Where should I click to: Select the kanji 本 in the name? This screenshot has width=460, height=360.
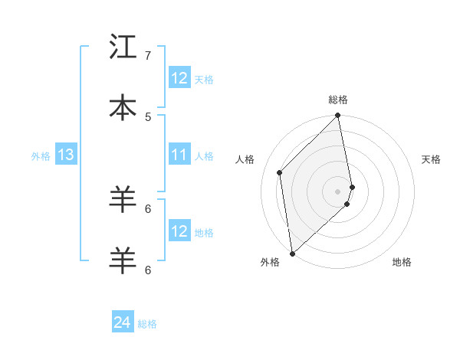tap(123, 108)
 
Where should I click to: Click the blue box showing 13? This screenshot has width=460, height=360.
tap(66, 155)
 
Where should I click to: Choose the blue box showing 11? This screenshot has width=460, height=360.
tap(179, 155)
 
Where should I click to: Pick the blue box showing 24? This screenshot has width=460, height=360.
tap(123, 323)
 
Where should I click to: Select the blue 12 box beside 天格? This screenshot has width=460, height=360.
tap(179, 78)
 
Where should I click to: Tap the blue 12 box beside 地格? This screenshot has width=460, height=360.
tap(179, 232)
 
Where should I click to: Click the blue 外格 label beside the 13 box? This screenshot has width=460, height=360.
tap(41, 156)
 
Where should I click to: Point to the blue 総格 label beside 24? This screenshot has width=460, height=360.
tap(147, 324)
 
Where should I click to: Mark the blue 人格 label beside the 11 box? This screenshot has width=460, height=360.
tap(204, 156)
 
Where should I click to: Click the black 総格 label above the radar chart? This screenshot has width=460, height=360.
tap(338, 100)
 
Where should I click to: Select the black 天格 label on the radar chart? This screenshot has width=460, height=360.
tap(432, 159)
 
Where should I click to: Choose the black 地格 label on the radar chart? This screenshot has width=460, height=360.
tap(402, 262)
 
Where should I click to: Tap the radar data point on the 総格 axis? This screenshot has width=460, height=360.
tap(338, 116)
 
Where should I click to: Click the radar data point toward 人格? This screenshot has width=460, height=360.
tap(280, 172)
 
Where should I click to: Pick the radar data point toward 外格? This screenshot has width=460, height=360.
tap(292, 253)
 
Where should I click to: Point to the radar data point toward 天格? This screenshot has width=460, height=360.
tap(353, 186)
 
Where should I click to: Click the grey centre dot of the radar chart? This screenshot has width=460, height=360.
tap(338, 191)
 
